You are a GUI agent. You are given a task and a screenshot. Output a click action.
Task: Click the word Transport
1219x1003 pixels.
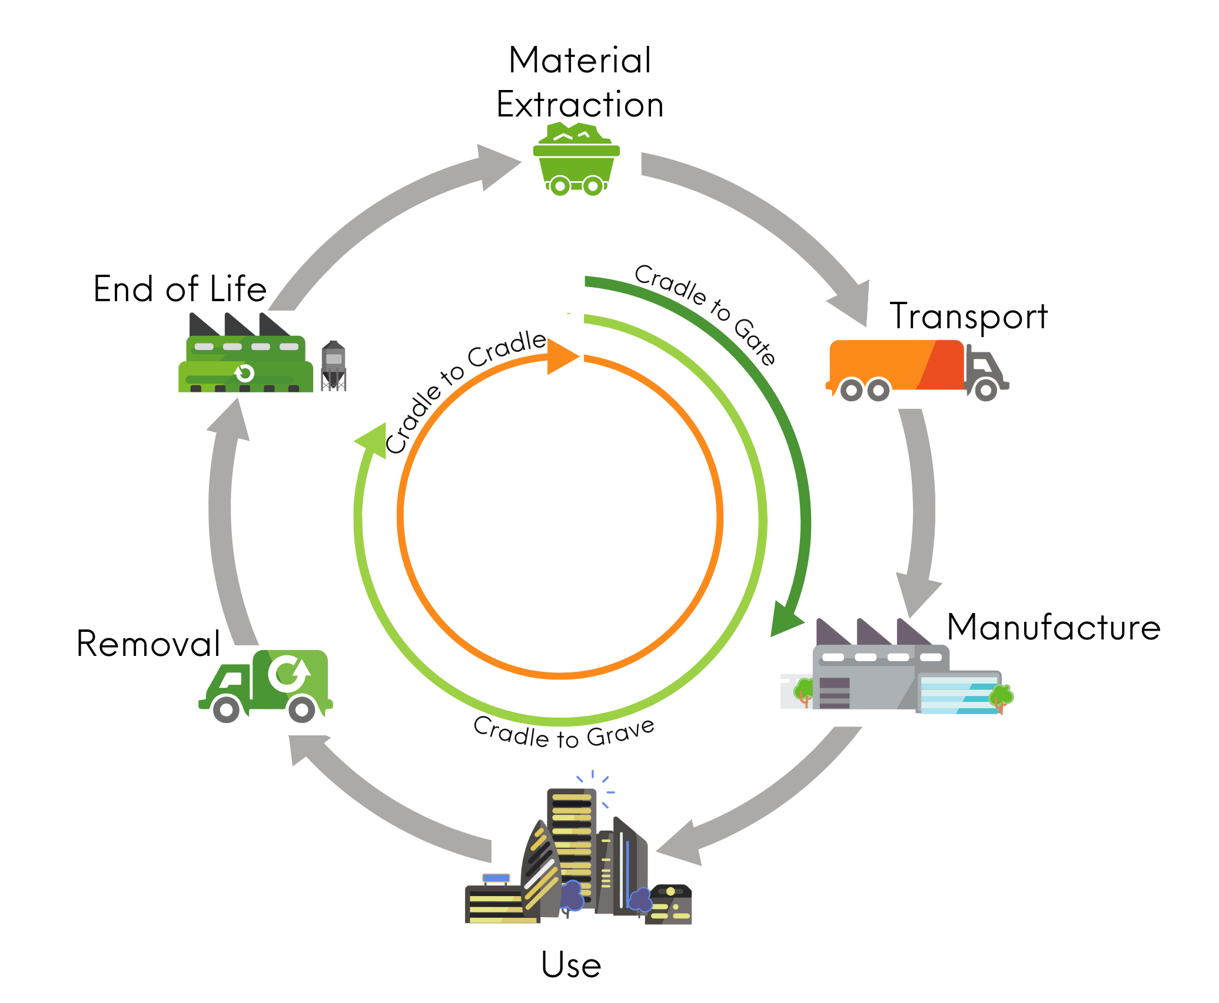point(968,316)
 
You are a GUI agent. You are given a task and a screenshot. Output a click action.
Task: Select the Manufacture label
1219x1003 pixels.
point(1054,627)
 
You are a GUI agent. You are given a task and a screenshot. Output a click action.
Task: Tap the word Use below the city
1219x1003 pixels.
point(571,965)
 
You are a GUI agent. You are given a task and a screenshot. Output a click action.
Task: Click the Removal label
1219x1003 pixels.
point(148,644)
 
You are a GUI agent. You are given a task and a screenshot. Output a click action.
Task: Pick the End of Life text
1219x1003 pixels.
point(180,289)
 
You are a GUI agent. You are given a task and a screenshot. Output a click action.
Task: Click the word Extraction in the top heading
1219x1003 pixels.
point(580,105)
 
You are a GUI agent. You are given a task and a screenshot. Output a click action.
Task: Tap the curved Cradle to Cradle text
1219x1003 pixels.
point(462,388)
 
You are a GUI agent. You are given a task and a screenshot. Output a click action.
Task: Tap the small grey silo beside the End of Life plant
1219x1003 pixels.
point(333,365)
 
